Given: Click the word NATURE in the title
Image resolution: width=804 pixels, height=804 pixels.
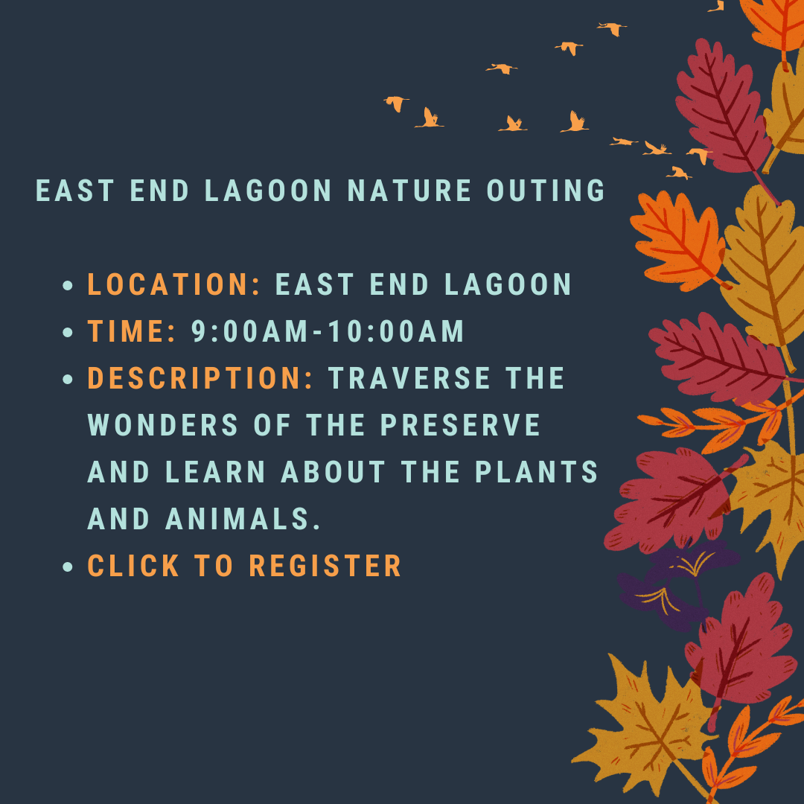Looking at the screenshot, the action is pos(409,191).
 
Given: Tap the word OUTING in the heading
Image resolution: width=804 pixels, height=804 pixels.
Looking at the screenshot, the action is pos(546,191).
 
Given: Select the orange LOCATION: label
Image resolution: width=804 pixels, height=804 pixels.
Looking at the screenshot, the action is pos(174,284).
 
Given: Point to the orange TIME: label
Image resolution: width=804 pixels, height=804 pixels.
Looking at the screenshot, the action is pos(131,331).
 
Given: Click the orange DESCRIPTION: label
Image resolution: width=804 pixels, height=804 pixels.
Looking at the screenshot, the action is pos(200,378).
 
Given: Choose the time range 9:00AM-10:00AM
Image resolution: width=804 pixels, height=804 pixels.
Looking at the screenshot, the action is pos(328,331).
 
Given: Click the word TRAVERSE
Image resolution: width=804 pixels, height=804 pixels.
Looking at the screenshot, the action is pos(409,378).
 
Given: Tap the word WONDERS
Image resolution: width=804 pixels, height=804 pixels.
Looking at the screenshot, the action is pos(162,425).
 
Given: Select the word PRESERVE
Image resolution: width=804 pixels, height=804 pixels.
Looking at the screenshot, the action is pos(461,425).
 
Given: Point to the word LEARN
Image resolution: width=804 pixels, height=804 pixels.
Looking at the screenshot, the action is pos(216,472).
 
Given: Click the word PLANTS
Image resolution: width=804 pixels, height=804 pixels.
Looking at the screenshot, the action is pos(537,472).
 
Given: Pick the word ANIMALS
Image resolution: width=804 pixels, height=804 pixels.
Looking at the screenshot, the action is pos(243,520).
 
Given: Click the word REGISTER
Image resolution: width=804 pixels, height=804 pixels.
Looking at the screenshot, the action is pos(325,566).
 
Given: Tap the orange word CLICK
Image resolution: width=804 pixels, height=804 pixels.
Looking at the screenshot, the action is pos(133,566).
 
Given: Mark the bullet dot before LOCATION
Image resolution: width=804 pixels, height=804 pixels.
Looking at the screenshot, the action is pos(68,286).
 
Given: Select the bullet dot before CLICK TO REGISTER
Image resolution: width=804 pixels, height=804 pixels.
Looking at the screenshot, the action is pos(68,567).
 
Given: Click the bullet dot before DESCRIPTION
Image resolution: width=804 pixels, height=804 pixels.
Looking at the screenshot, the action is pos(68,380).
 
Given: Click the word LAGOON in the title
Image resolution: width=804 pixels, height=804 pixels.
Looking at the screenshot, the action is pos(268,191).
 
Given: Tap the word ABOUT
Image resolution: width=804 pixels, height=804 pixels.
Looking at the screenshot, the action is pos(334,472).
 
